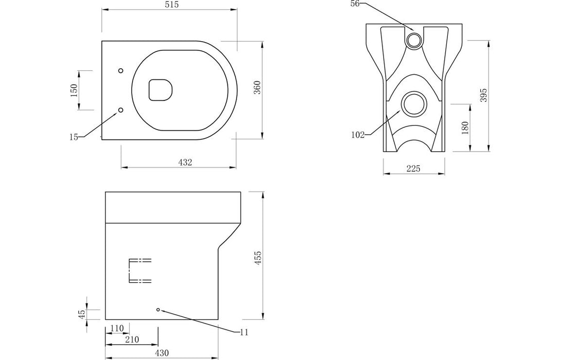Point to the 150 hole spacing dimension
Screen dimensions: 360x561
point(74,91)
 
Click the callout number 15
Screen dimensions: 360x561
point(74,137)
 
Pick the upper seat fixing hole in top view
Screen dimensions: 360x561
point(121,70)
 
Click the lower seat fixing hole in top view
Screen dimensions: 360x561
point(121,110)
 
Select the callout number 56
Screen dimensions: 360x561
point(355,4)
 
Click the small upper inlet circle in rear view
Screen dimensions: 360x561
point(414,40)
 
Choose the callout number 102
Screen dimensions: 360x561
point(358,135)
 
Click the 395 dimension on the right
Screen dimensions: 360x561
point(483,95)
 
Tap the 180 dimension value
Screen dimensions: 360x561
point(465,128)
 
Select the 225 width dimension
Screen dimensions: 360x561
point(413,169)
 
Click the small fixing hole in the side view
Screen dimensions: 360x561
point(158,310)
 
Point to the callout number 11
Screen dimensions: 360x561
point(244,333)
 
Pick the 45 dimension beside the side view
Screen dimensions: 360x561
point(81,314)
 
